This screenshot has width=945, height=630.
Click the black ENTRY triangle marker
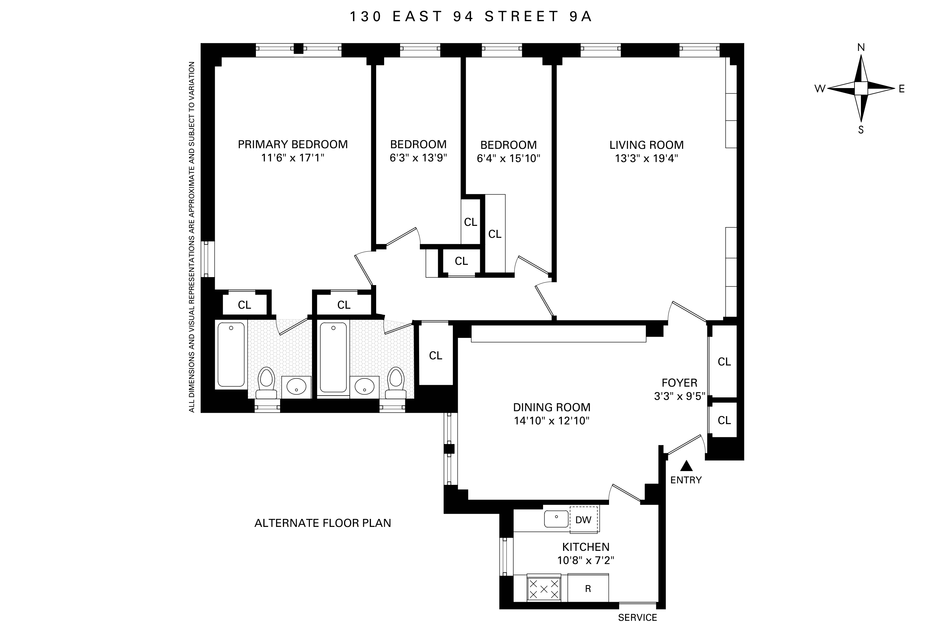click(686, 466)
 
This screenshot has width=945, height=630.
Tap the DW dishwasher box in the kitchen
click(583, 520)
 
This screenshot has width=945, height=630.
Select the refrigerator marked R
click(588, 589)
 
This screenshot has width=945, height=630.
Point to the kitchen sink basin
click(556, 519)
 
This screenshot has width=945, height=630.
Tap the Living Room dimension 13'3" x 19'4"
click(646, 158)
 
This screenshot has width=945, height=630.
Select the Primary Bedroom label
click(293, 144)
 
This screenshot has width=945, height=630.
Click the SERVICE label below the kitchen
click(637, 617)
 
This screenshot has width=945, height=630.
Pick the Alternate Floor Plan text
click(322, 523)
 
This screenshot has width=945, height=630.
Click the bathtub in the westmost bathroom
click(231, 354)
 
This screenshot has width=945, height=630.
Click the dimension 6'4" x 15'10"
click(508, 158)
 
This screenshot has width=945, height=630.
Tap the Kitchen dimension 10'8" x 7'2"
click(585, 560)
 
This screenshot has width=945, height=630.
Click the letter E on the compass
click(902, 89)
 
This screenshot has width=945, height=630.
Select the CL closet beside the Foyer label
click(724, 362)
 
